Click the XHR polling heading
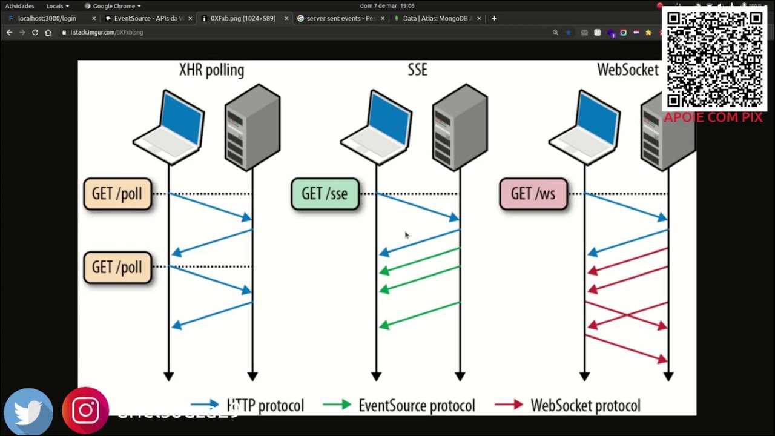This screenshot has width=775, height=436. coord(211,70)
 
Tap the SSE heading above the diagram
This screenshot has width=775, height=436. coord(417,70)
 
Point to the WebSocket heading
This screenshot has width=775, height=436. coord(627,70)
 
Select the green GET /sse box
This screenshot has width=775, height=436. coord(325,194)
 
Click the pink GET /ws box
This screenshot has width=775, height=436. coord(533,194)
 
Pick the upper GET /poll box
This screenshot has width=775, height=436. coord(117,194)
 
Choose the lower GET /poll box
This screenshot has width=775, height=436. coord(117,268)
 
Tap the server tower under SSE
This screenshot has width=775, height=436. coord(460,127)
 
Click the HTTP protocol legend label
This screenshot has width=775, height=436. coord(265,406)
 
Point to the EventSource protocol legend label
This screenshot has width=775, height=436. coord(417,406)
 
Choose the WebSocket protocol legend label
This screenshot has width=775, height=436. coord(585,406)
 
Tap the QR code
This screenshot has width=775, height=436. coord(714,59)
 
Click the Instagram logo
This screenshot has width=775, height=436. coord(85,411)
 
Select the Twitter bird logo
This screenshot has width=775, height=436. coord(28,412)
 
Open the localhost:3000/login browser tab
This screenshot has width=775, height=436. coord(47,18)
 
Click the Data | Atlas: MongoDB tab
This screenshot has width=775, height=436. coord(435,18)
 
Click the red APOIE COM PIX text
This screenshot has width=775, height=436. coord(713,117)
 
